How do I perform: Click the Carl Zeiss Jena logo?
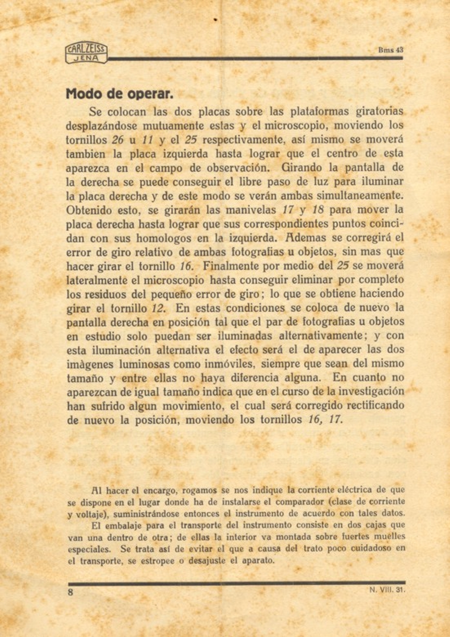pyautogui.click(x=86, y=53)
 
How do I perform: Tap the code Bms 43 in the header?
pyautogui.click(x=391, y=50)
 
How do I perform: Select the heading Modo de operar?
pyautogui.click(x=120, y=94)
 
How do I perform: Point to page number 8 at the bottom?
pyautogui.click(x=70, y=592)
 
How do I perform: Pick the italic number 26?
pyautogui.click(x=118, y=140)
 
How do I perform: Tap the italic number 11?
pyautogui.click(x=147, y=140)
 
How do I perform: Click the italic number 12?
pyautogui.click(x=158, y=308)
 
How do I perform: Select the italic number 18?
pyautogui.click(x=317, y=210)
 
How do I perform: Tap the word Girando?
pyautogui.click(x=303, y=168)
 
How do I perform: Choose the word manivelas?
pyautogui.click(x=250, y=210)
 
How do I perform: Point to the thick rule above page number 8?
pyautogui.click(x=237, y=583)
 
